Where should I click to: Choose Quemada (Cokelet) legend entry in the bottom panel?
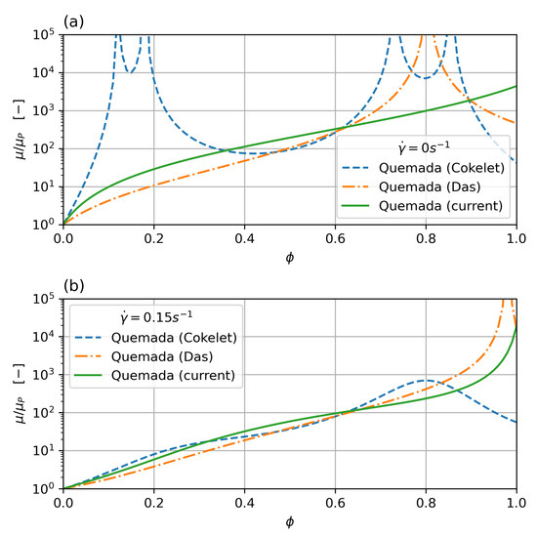171,339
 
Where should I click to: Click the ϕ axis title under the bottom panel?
289,522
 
